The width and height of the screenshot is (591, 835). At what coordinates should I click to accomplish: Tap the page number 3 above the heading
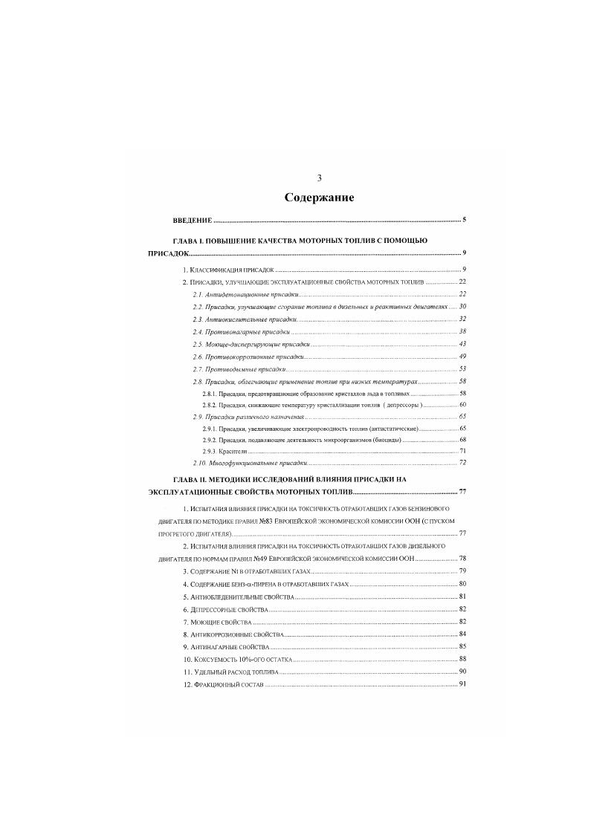[x=319, y=178]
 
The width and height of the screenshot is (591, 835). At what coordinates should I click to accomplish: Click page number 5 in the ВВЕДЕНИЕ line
[x=463, y=221]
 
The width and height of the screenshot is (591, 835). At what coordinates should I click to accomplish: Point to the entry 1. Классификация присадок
[x=229, y=269]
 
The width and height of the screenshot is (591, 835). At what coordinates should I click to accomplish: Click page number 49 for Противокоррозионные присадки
[x=462, y=357]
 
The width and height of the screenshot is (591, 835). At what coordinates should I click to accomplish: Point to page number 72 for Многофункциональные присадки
[x=462, y=463]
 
